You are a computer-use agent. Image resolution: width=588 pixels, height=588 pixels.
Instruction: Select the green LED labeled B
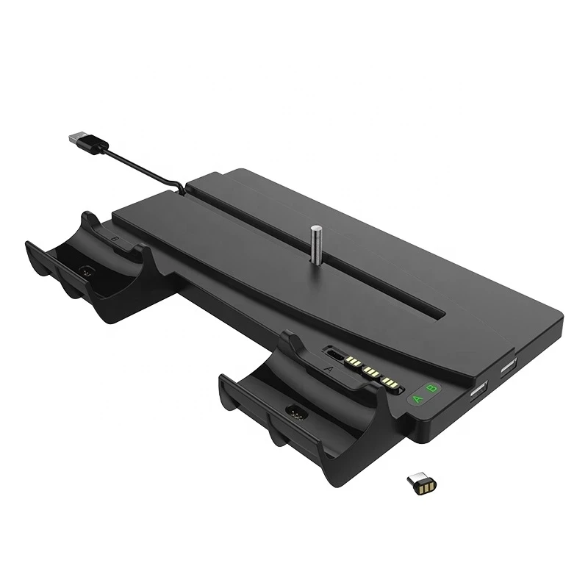tap(432, 389)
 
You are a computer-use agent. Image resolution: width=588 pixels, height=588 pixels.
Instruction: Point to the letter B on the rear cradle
tap(112, 239)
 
